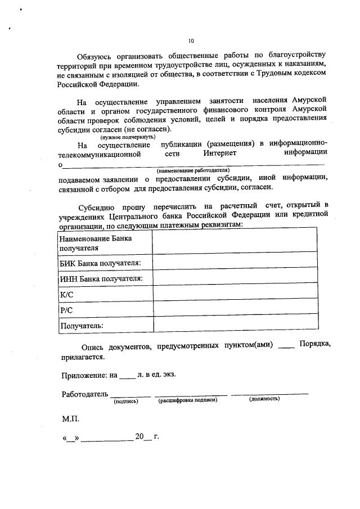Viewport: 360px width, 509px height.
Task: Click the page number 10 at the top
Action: click(x=191, y=41)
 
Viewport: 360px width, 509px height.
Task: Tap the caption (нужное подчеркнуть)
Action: click(x=127, y=137)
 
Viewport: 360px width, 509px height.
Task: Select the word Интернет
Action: click(x=220, y=152)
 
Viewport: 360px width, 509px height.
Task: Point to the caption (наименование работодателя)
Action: click(x=193, y=169)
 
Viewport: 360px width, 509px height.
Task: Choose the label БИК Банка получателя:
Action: click(x=100, y=263)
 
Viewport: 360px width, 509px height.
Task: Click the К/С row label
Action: click(x=66, y=294)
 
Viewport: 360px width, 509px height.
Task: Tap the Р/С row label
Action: click(x=66, y=310)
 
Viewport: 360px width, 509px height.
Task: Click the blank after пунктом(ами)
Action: click(x=286, y=346)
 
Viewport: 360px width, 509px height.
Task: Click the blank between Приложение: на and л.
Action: click(x=128, y=375)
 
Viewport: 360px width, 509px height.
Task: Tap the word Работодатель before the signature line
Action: click(x=84, y=394)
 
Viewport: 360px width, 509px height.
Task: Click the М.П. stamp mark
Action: click(x=71, y=419)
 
